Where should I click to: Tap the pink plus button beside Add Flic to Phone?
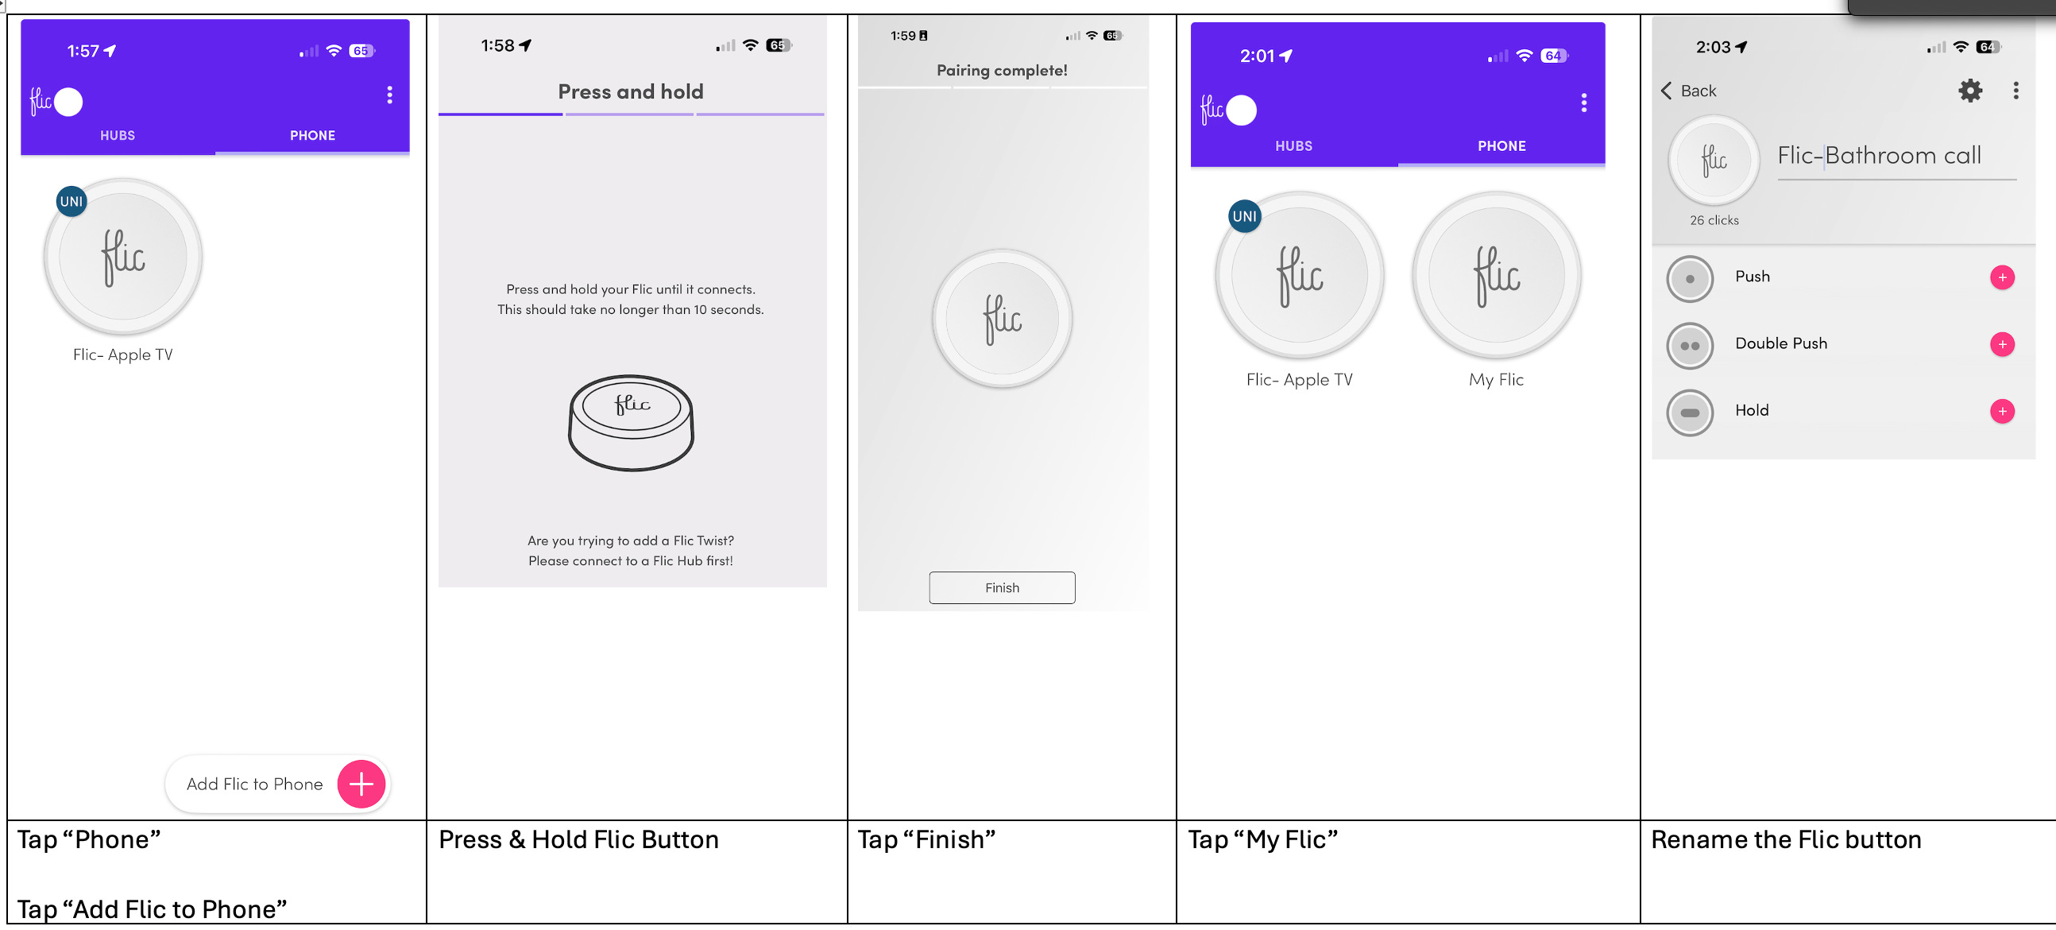tap(361, 784)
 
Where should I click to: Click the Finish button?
tap(1002, 587)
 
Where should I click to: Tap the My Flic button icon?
tap(1497, 274)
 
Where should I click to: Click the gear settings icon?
tap(1969, 90)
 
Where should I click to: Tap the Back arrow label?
tap(1689, 91)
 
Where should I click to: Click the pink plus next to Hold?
tap(2002, 411)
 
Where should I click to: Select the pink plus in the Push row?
tap(2002, 277)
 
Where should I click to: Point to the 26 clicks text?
tap(1714, 220)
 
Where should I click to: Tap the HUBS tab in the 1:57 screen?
tap(118, 136)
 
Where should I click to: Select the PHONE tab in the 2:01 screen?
tap(1501, 146)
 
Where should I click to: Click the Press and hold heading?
tap(631, 91)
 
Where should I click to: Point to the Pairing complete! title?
tap(1002, 70)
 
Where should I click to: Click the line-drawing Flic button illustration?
tap(631, 422)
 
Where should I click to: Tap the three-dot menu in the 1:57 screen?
tap(389, 95)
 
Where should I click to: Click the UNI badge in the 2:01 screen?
tap(1244, 216)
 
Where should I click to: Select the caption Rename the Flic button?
tap(1785, 840)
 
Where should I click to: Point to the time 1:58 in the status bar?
tap(497, 45)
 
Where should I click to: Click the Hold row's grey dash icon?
tap(1690, 413)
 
